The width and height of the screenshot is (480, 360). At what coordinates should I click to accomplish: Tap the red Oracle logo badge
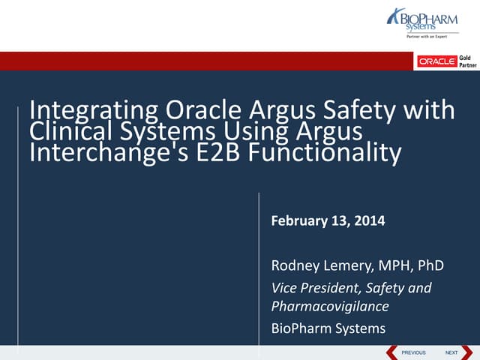[x=436, y=61]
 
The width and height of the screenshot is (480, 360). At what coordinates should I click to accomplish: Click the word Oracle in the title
[x=199, y=111]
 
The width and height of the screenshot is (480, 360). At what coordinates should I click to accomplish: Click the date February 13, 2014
[x=328, y=221]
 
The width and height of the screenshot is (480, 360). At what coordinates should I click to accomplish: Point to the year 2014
[x=370, y=221]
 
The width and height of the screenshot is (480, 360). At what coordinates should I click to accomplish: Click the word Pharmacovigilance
[x=331, y=306]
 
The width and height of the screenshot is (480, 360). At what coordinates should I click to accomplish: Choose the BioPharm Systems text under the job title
[x=328, y=328]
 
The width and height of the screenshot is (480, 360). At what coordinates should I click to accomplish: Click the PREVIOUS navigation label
[x=413, y=352]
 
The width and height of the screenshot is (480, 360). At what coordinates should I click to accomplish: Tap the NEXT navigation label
[x=451, y=352]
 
